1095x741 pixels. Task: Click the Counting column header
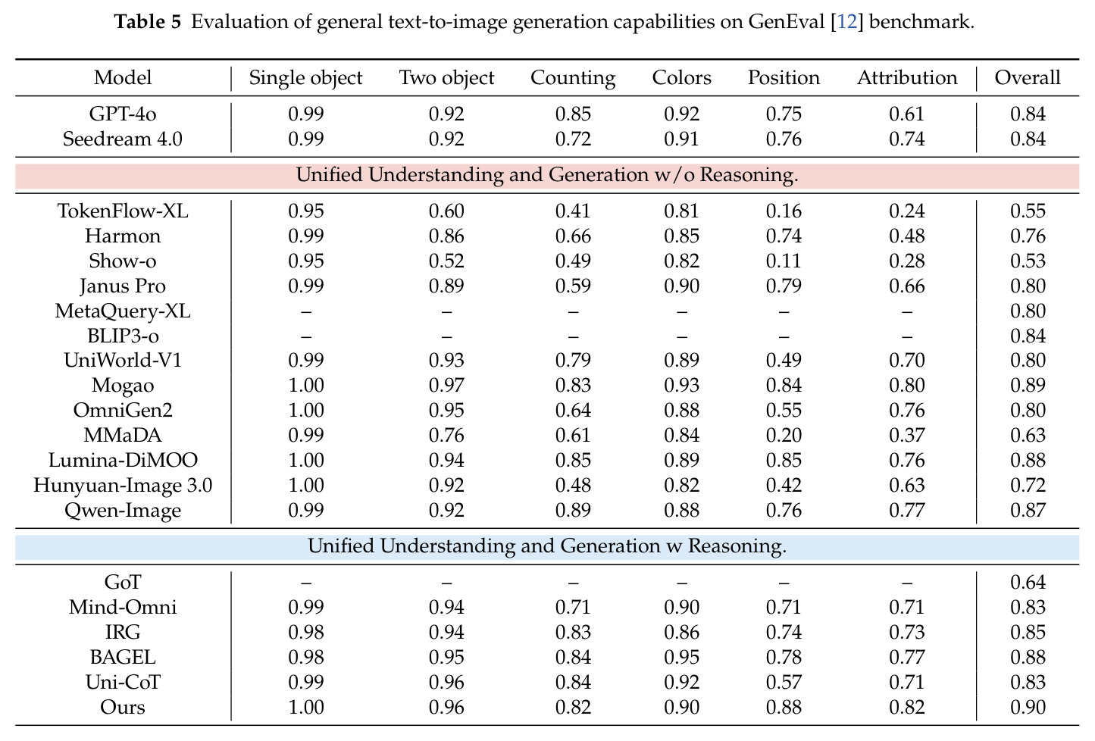pyautogui.click(x=573, y=78)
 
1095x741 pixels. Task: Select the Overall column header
pyautogui.click(x=1028, y=77)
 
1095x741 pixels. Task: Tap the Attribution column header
pyautogui.click(x=907, y=77)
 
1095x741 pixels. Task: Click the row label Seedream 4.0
pyautogui.click(x=123, y=139)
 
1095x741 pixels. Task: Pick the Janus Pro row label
pyautogui.click(x=123, y=286)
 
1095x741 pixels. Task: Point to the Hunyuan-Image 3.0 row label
pyautogui.click(x=123, y=486)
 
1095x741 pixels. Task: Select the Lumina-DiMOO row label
pyautogui.click(x=123, y=460)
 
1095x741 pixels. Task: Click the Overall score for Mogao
pyautogui.click(x=1028, y=385)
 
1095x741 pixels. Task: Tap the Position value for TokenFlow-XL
pyautogui.click(x=784, y=211)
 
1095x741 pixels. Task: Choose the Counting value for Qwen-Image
pyautogui.click(x=573, y=511)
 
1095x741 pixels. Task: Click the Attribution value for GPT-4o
pyautogui.click(x=907, y=114)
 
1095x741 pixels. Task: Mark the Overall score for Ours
pyautogui.click(x=1028, y=707)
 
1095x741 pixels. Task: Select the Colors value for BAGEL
pyautogui.click(x=681, y=658)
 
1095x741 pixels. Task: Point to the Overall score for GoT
pyautogui.click(x=1028, y=582)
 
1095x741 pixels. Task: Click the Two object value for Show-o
pyautogui.click(x=446, y=261)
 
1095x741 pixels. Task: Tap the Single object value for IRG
pyautogui.click(x=306, y=632)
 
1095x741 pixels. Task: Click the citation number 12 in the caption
pyautogui.click(x=847, y=22)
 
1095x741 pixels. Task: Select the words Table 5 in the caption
pyautogui.click(x=147, y=22)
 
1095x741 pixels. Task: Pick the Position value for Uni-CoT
pyautogui.click(x=784, y=683)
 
